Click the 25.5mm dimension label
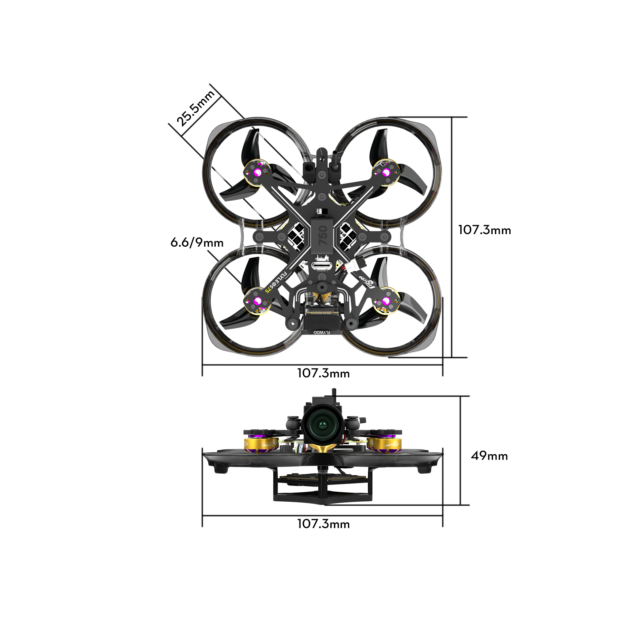195,108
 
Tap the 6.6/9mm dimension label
197,243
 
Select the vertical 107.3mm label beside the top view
484,230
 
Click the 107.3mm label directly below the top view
323,373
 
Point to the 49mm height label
489,456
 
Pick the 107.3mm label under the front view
323,524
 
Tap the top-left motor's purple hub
258,172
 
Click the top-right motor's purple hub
386,172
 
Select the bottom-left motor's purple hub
257,302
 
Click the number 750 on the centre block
323,235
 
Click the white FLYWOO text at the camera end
322,333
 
